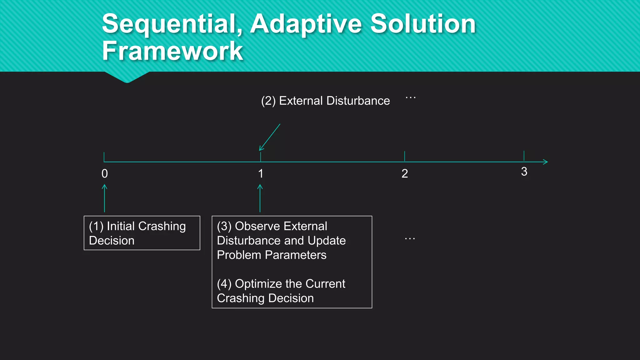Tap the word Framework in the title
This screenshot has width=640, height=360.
(x=172, y=51)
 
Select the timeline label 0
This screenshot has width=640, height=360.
(x=105, y=174)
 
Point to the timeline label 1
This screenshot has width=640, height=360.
(x=261, y=174)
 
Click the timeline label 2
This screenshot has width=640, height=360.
(x=405, y=174)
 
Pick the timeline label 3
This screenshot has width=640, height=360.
(x=524, y=172)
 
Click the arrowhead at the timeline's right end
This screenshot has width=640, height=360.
(x=545, y=162)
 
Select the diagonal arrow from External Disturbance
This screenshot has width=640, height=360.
(x=269, y=137)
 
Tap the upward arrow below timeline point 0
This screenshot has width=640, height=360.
(x=105, y=198)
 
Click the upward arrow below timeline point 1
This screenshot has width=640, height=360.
(x=260, y=198)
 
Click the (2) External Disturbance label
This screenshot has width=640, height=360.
(x=325, y=101)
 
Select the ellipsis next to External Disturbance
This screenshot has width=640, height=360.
(x=410, y=98)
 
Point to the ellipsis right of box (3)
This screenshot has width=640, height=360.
(x=410, y=239)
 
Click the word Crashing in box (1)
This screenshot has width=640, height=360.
(x=162, y=226)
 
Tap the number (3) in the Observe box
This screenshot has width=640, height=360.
(x=224, y=226)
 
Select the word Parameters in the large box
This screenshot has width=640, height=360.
(x=295, y=255)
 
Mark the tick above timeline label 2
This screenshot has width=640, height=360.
(x=405, y=156)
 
